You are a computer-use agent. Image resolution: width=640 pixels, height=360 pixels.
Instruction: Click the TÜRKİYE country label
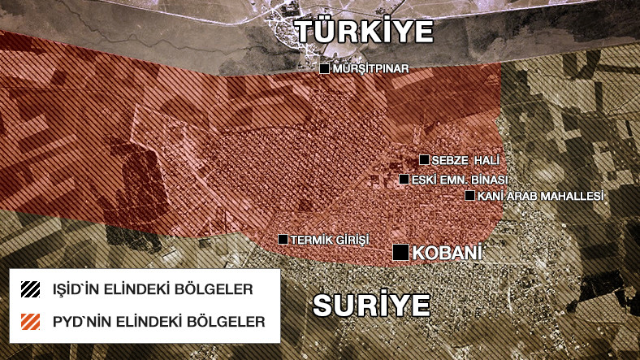[364, 32]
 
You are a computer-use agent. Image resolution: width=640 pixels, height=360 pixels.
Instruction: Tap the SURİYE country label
[371, 306]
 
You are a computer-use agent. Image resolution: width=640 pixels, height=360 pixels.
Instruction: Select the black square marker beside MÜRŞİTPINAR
[324, 70]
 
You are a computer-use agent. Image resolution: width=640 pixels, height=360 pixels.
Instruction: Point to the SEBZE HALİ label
[462, 160]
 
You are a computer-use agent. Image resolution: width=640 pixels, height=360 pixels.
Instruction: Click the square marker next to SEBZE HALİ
[424, 159]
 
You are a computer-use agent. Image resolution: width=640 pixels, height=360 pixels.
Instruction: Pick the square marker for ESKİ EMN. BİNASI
[404, 179]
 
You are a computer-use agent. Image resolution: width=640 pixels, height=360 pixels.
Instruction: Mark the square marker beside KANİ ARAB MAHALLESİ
[469, 195]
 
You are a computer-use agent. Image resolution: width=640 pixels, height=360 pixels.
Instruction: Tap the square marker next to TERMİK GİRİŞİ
[283, 239]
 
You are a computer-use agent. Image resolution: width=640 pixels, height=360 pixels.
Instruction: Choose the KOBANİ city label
[448, 253]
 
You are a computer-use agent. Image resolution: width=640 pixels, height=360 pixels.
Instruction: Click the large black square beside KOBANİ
[401, 253]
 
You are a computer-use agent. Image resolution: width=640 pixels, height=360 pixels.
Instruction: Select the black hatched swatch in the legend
[31, 289]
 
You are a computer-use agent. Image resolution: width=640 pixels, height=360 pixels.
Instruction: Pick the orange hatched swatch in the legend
[31, 322]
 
